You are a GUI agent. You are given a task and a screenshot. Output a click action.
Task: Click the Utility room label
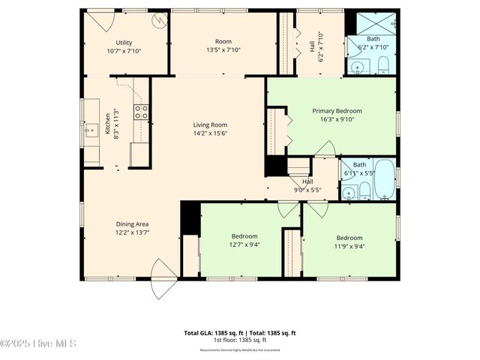pos(124,43)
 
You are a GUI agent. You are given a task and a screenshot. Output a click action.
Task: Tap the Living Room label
pos(209,125)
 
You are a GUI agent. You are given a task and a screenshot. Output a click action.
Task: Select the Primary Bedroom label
pos(337,111)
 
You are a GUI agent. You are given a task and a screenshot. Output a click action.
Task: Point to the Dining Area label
pos(131,223)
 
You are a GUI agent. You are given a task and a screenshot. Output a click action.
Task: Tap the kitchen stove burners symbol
pos(141,112)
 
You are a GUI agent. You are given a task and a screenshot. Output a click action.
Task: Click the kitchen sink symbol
pos(91,132)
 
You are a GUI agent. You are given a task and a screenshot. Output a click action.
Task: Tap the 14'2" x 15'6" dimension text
pos(209,133)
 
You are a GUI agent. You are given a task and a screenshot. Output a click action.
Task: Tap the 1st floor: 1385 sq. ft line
pos(239,340)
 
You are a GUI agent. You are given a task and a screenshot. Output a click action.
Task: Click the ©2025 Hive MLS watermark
pos(38,343)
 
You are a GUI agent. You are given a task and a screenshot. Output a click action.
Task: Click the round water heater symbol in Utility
pos(159,21)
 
